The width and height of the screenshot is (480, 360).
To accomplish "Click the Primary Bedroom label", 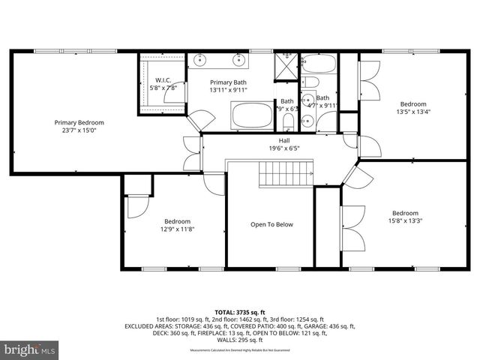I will click(79, 122).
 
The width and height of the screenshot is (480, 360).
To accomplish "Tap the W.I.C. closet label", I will click(163, 80).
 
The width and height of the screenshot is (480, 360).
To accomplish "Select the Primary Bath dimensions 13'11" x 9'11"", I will click(229, 90).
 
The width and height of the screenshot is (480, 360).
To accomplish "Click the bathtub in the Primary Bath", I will click(251, 117).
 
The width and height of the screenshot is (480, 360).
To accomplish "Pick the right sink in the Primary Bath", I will click(240, 60).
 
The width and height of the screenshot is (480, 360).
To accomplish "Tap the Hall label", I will click(284, 140).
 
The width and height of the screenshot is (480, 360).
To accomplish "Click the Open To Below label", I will click(271, 224).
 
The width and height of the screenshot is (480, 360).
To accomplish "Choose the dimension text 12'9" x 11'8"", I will click(178, 229).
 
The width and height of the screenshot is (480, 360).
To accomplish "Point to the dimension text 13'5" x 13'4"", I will click(412, 112).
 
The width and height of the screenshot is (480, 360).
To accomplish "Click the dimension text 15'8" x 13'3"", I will click(405, 220).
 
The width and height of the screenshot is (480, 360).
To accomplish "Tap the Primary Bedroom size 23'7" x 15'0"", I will click(79, 130).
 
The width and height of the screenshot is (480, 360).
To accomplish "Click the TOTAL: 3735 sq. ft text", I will click(240, 311).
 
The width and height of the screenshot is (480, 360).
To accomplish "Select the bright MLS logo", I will click(30, 349).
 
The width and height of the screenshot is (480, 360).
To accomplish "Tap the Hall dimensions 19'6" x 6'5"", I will click(284, 148).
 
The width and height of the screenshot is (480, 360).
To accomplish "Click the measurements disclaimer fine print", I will click(240, 350).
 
